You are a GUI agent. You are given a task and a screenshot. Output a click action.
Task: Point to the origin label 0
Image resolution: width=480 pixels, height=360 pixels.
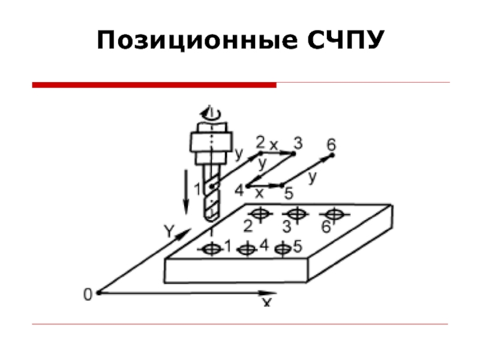click(x=88, y=294)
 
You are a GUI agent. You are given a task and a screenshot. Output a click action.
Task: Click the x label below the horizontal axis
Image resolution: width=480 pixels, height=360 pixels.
click(x=266, y=302)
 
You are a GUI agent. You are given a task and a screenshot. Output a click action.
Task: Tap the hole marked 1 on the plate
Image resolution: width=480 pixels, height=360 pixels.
click(x=212, y=249)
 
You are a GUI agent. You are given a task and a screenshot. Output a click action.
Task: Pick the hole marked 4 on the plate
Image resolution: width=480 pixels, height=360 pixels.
click(x=247, y=249)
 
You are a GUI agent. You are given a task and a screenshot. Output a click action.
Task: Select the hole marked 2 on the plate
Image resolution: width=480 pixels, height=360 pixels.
click(x=259, y=213)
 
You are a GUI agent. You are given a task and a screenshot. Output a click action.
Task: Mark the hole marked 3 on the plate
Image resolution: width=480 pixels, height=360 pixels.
click(x=295, y=213)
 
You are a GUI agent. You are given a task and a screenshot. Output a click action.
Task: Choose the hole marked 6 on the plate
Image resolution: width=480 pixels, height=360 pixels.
click(x=334, y=213)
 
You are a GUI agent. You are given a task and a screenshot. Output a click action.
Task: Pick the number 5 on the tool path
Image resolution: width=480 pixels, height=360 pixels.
click(x=288, y=194)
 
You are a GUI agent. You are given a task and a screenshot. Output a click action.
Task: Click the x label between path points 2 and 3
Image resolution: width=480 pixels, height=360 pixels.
click(x=274, y=145)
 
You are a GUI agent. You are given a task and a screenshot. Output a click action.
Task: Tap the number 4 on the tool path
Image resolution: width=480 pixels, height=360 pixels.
click(x=239, y=190)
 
